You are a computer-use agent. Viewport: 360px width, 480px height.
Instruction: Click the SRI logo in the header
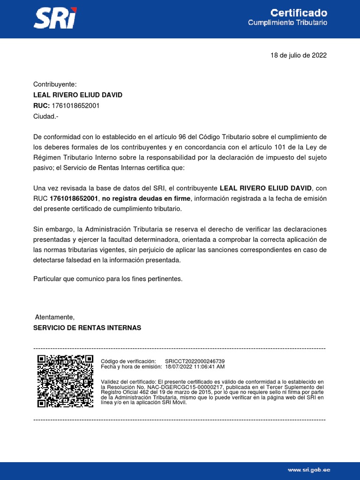click(x=55, y=18)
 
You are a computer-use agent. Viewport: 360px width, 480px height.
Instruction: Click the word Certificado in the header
click(x=299, y=13)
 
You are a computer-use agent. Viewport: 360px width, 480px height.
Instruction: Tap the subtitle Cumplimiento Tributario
click(x=287, y=22)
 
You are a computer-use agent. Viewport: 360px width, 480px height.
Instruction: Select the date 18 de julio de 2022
click(x=299, y=55)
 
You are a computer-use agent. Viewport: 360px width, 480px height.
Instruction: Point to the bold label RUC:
click(x=41, y=105)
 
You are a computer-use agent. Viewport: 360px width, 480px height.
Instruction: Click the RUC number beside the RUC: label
click(x=75, y=105)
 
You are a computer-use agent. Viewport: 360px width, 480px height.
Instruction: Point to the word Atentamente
click(x=55, y=317)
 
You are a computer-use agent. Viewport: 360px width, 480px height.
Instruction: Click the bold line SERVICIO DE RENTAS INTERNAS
click(x=87, y=328)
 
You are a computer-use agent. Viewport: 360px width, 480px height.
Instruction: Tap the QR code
click(x=65, y=381)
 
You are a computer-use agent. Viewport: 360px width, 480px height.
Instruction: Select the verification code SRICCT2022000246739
click(x=195, y=361)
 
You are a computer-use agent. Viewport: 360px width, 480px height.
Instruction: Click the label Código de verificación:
click(x=128, y=361)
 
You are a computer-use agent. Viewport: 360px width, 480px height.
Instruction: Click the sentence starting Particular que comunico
click(x=107, y=279)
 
